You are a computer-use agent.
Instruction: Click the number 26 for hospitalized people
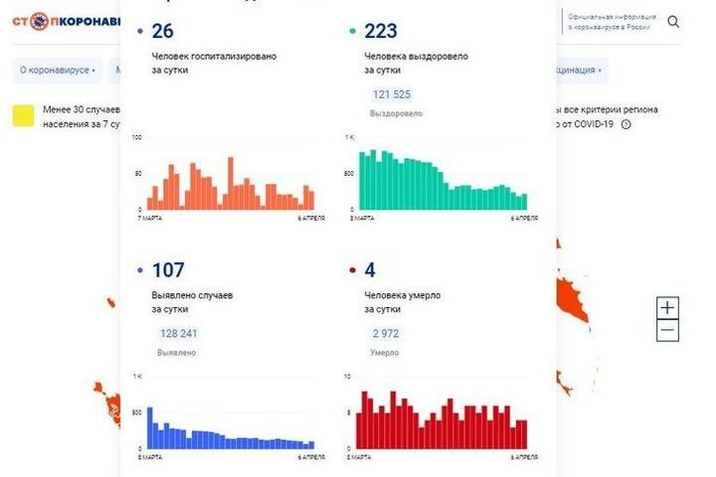click(162, 31)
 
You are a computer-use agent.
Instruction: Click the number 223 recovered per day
click(381, 31)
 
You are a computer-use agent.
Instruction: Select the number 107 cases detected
click(168, 269)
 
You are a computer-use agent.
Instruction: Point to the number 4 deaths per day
click(370, 269)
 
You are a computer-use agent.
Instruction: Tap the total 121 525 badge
click(392, 94)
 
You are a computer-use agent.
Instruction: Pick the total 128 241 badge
click(179, 334)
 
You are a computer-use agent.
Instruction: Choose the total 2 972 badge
click(385, 334)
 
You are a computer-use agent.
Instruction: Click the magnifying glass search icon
click(673, 22)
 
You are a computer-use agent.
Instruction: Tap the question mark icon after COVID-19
click(626, 124)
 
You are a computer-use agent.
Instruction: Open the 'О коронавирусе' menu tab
click(58, 71)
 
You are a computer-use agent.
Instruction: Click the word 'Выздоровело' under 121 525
click(396, 113)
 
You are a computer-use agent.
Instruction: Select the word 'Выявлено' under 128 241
click(176, 353)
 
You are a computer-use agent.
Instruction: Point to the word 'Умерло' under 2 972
click(384, 353)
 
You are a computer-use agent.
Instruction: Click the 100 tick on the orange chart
click(138, 137)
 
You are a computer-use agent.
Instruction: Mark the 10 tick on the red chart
click(346, 377)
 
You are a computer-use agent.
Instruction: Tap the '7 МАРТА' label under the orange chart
click(149, 217)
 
